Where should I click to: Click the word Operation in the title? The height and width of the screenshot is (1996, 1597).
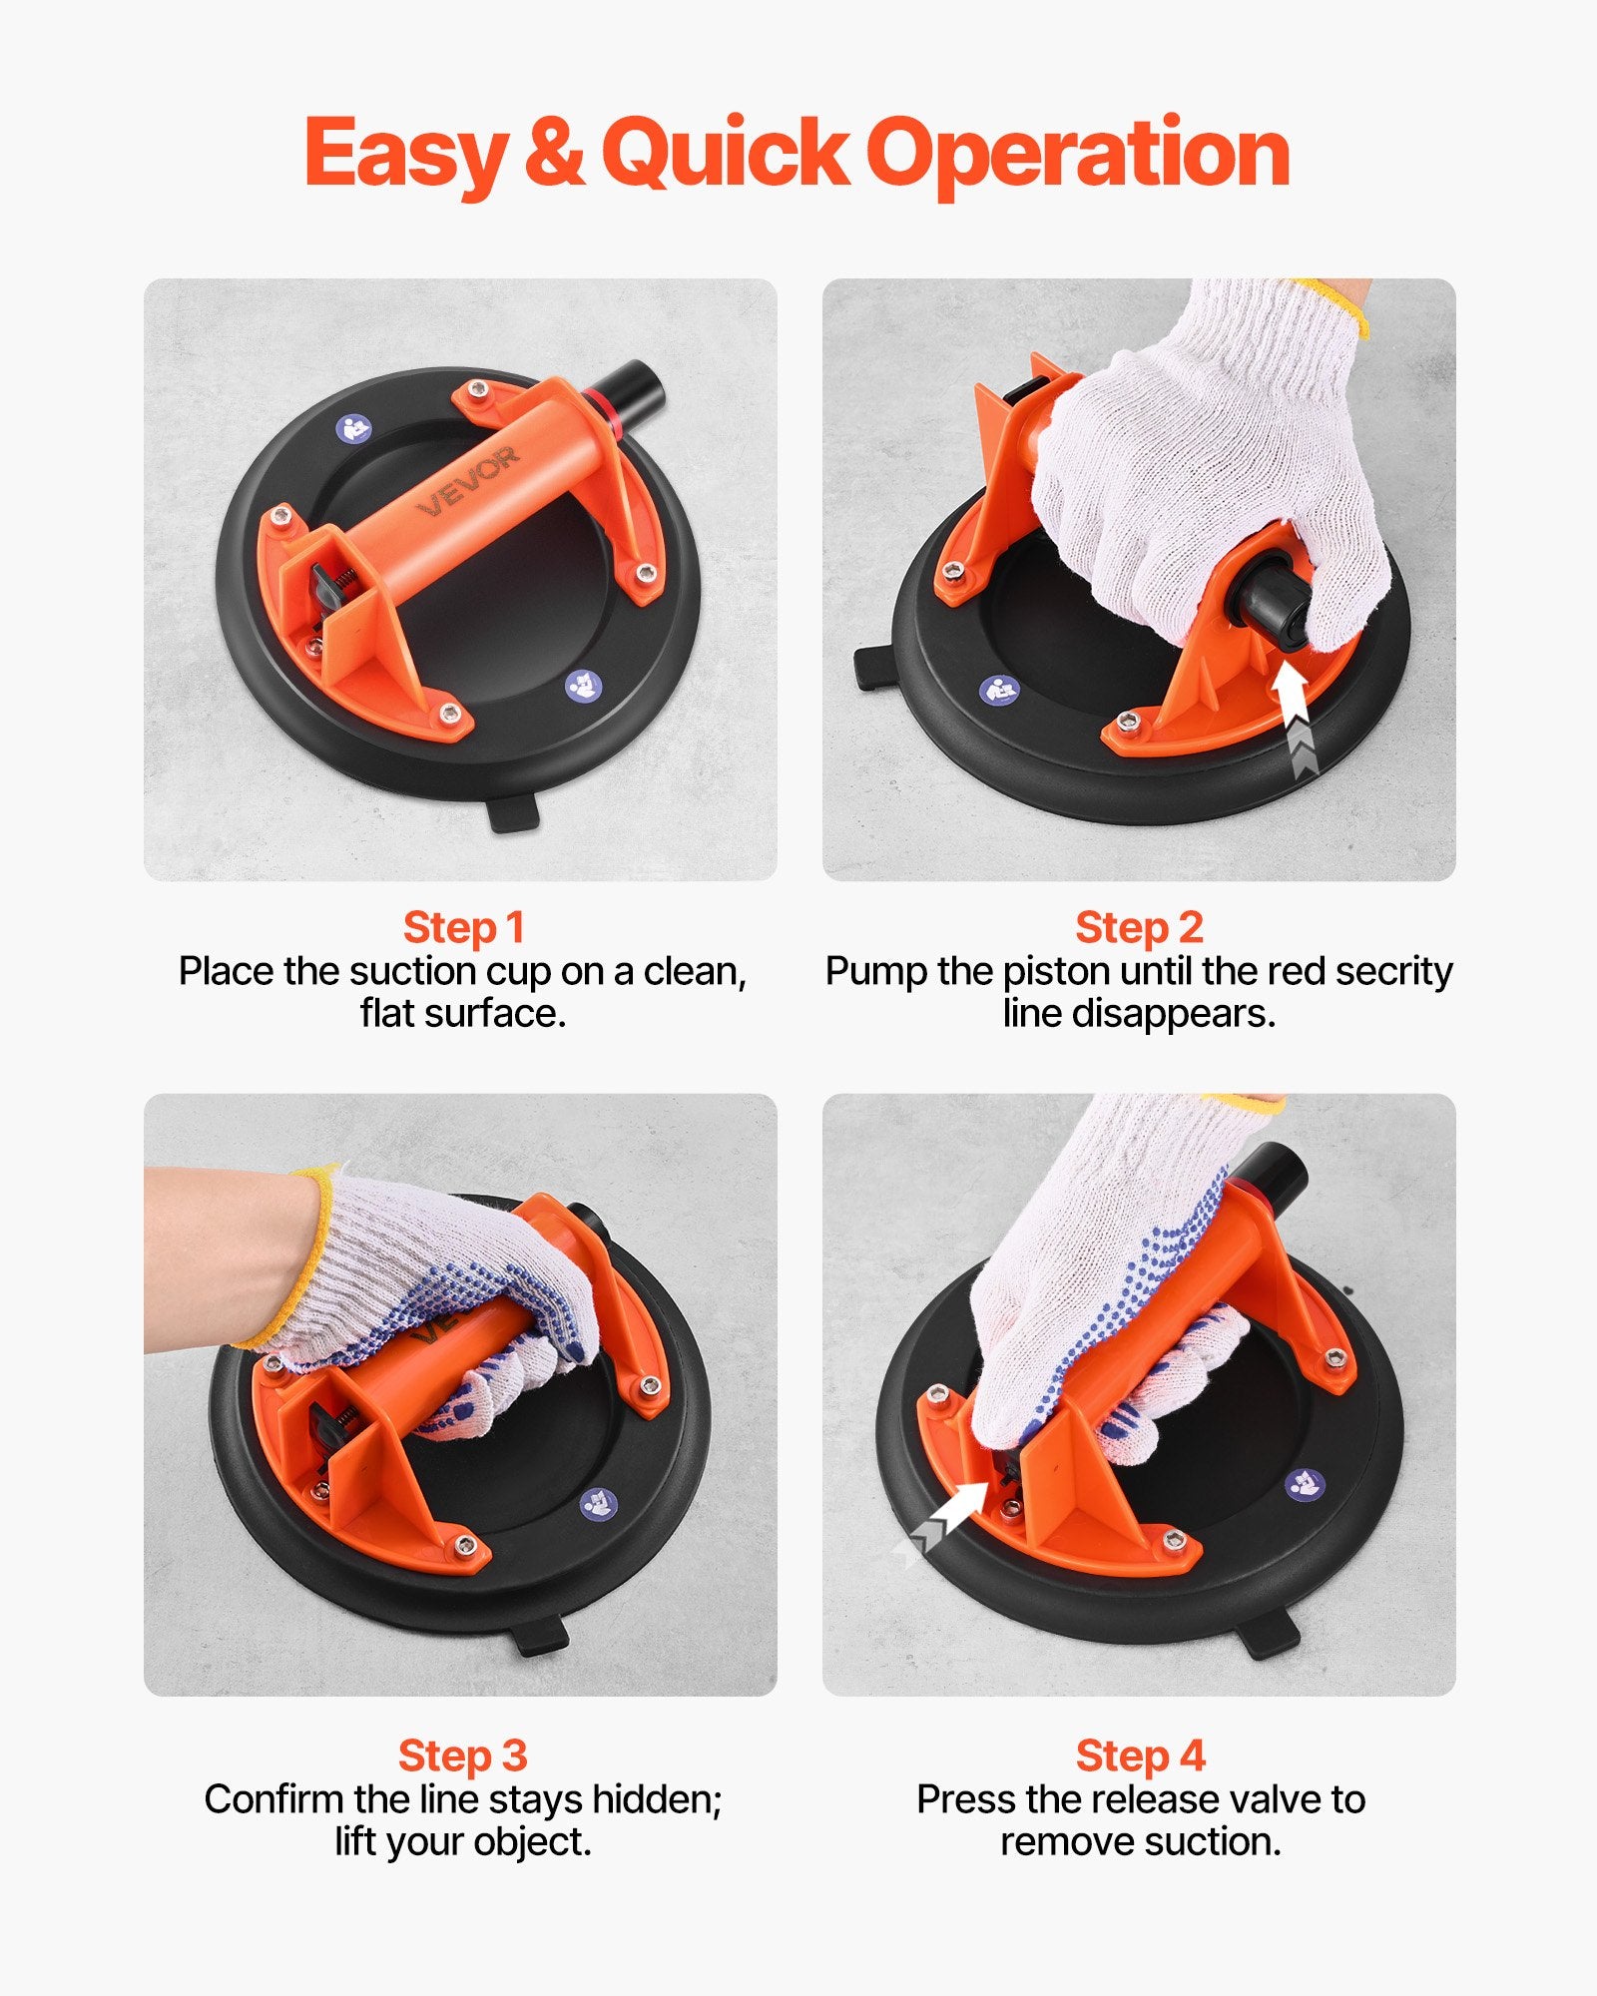(x=1078, y=155)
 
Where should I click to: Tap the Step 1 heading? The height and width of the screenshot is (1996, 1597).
(x=463, y=928)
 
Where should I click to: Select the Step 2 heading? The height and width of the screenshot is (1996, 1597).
(x=1139, y=928)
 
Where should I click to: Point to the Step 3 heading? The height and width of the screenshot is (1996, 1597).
(x=462, y=1755)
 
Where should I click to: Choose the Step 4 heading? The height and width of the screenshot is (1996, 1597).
(x=1141, y=1755)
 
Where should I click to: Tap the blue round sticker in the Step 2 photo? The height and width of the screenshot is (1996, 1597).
(x=999, y=691)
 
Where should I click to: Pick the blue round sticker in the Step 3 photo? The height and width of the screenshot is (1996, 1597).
(x=598, y=1504)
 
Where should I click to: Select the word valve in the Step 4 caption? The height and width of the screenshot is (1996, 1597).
(x=1276, y=1799)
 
